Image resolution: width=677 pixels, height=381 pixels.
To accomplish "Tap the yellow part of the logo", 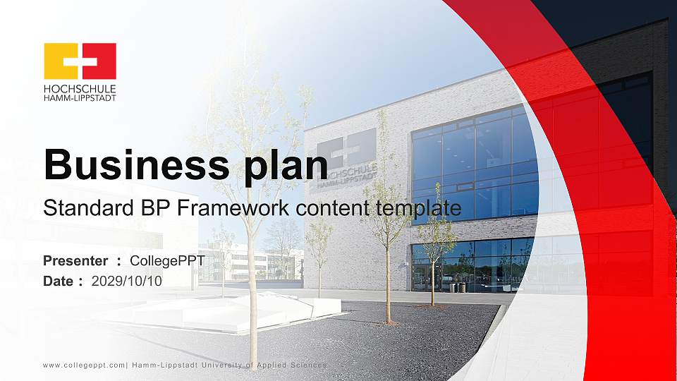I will tap(56, 61).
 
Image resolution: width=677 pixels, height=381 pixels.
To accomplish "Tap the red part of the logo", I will tap(103, 61).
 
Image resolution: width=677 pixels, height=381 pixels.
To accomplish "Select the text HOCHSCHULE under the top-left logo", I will tap(80, 89).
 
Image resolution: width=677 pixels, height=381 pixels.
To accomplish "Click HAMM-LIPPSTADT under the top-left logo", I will tap(80, 97).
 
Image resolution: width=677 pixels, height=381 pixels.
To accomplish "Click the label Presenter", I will tap(75, 261).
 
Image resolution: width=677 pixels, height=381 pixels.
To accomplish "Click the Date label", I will tap(59, 281).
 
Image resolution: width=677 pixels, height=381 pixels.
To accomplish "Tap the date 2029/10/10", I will tap(127, 281).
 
